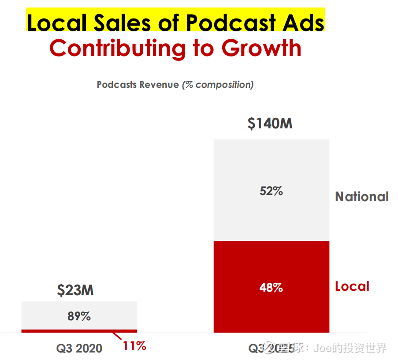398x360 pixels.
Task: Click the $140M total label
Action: [x=270, y=124]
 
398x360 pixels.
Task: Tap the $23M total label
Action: [x=75, y=290]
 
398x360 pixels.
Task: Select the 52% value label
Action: [x=271, y=191]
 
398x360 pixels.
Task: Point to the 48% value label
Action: [x=271, y=288]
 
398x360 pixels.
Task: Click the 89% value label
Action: [x=79, y=316]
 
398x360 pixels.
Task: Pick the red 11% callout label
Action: [x=134, y=345]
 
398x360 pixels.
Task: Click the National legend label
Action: [x=362, y=196]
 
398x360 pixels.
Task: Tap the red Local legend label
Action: [x=352, y=286]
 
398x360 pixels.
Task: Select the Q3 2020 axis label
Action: [x=79, y=348]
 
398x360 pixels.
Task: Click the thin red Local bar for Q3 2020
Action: [x=79, y=330]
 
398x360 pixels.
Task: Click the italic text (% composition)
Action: [x=218, y=84]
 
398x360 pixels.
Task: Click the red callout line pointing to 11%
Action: [x=117, y=337]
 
